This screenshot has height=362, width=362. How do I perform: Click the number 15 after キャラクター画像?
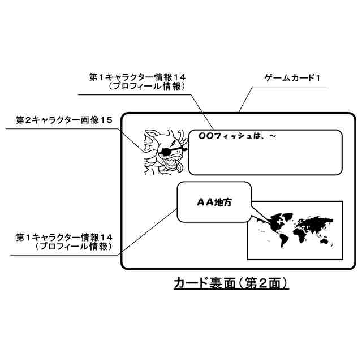coord(106,120)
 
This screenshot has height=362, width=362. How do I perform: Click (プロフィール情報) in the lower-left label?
coord(72,247)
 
